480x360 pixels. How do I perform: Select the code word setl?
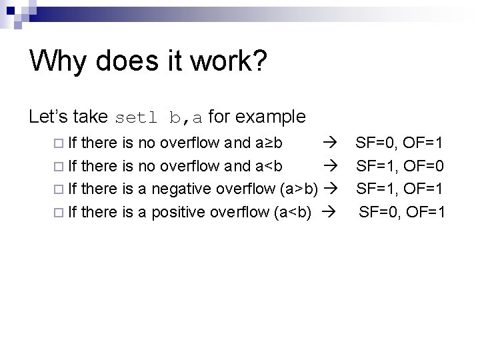coord(138,118)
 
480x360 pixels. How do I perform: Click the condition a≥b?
coord(269,142)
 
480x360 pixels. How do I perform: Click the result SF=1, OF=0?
coord(400,165)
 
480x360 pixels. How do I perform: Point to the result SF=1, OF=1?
coord(400,189)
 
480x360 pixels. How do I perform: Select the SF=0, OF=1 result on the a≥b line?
coord(400,142)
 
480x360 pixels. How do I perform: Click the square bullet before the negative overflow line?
coord(57,189)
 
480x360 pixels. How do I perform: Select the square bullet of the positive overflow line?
coord(57,213)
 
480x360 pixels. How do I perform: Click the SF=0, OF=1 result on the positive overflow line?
coord(403,212)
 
